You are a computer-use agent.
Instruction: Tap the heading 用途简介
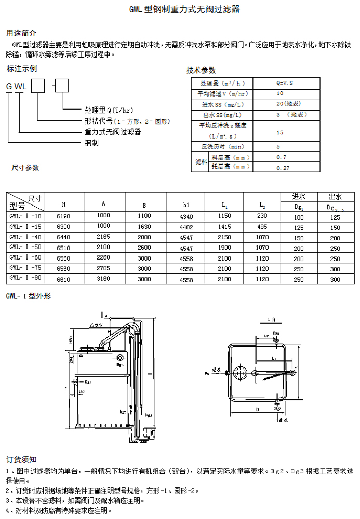click(21, 33)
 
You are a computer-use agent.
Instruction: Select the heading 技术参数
click(201, 71)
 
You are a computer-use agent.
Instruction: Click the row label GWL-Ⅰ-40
click(25, 237)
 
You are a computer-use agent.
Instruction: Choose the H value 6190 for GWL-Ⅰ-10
click(62, 216)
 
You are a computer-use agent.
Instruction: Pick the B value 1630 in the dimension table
click(144, 227)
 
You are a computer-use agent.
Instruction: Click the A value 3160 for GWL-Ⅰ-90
click(104, 279)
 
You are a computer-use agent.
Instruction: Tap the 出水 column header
click(335, 197)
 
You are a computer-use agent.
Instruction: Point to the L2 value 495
click(262, 227)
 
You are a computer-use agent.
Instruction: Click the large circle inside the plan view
click(240, 373)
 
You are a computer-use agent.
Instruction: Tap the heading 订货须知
click(21, 459)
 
